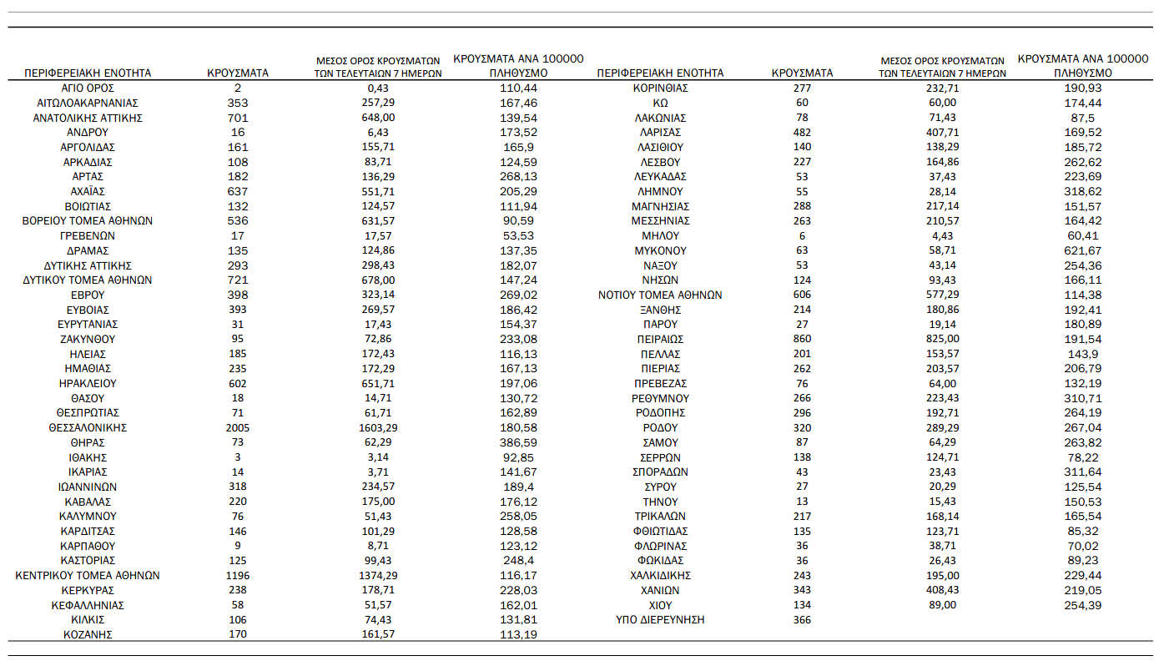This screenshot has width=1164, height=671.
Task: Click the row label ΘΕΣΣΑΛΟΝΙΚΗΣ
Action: [x=88, y=427]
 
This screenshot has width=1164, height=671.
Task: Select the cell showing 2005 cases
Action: [x=238, y=427]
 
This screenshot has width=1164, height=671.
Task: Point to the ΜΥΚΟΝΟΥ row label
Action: [x=660, y=250]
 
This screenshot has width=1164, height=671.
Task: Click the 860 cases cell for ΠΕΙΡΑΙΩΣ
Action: [x=802, y=339]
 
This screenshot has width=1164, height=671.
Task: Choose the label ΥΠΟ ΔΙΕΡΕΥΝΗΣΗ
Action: [x=660, y=619]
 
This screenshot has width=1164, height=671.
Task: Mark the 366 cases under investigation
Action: [x=802, y=619]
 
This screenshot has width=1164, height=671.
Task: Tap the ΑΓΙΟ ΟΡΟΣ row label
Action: [x=88, y=88]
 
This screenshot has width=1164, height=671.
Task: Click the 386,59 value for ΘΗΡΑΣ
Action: [x=518, y=442]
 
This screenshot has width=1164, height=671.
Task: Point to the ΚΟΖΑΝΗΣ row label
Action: [x=88, y=634]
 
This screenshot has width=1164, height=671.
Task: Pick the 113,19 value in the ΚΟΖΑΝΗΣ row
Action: [x=518, y=634]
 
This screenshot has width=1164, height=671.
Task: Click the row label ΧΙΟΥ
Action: [x=660, y=605]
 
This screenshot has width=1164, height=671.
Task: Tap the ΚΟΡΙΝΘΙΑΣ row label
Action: [x=660, y=88]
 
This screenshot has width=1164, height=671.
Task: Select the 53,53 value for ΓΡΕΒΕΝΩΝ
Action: [x=518, y=235]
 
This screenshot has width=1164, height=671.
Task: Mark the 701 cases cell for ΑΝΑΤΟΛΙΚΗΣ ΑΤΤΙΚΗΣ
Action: [x=238, y=118]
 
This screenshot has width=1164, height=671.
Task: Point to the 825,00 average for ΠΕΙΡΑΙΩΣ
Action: [x=942, y=339]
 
